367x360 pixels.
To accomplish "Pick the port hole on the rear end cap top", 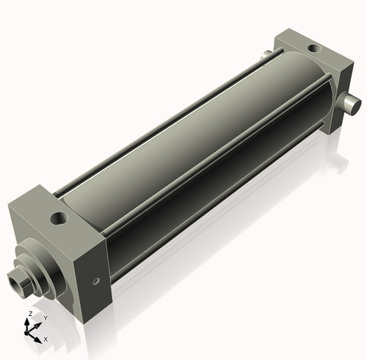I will [x=314, y=48].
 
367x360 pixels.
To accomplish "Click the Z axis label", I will [x=29, y=314].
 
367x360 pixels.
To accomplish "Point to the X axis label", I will [x=46, y=339].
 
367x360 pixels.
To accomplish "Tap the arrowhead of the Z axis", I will [x=30, y=321].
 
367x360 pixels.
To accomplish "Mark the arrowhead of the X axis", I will [x=39, y=337].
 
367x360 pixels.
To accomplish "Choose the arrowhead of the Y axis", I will [x=38, y=323].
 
